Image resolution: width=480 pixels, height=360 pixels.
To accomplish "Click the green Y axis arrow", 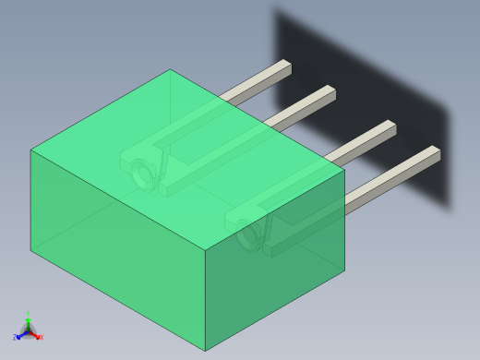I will [x=28, y=322].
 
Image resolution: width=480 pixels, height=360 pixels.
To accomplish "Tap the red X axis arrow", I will [x=35, y=335].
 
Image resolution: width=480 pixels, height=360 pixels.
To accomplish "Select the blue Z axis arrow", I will [x=20, y=335].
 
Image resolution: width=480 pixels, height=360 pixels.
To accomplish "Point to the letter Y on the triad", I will [x=28, y=315].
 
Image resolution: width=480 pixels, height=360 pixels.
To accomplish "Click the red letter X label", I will [x=41, y=338].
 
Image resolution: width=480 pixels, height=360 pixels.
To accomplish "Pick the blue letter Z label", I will [x=15, y=338].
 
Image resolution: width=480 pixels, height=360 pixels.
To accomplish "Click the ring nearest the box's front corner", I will [x=248, y=234].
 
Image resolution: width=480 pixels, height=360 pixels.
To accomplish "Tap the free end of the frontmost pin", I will [x=435, y=152].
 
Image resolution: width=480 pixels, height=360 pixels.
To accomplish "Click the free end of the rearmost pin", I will [x=286, y=66].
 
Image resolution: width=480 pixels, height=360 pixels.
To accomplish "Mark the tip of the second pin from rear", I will [x=330, y=91].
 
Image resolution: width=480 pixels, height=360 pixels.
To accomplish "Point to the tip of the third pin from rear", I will [x=390, y=126].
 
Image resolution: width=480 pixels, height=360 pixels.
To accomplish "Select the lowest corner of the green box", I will [x=205, y=351].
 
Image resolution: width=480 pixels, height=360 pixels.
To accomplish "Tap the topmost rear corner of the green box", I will [x=170, y=70].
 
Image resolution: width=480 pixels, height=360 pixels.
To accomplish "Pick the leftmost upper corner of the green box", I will [x=31, y=150].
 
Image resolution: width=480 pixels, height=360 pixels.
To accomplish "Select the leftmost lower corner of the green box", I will [x=31, y=249].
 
